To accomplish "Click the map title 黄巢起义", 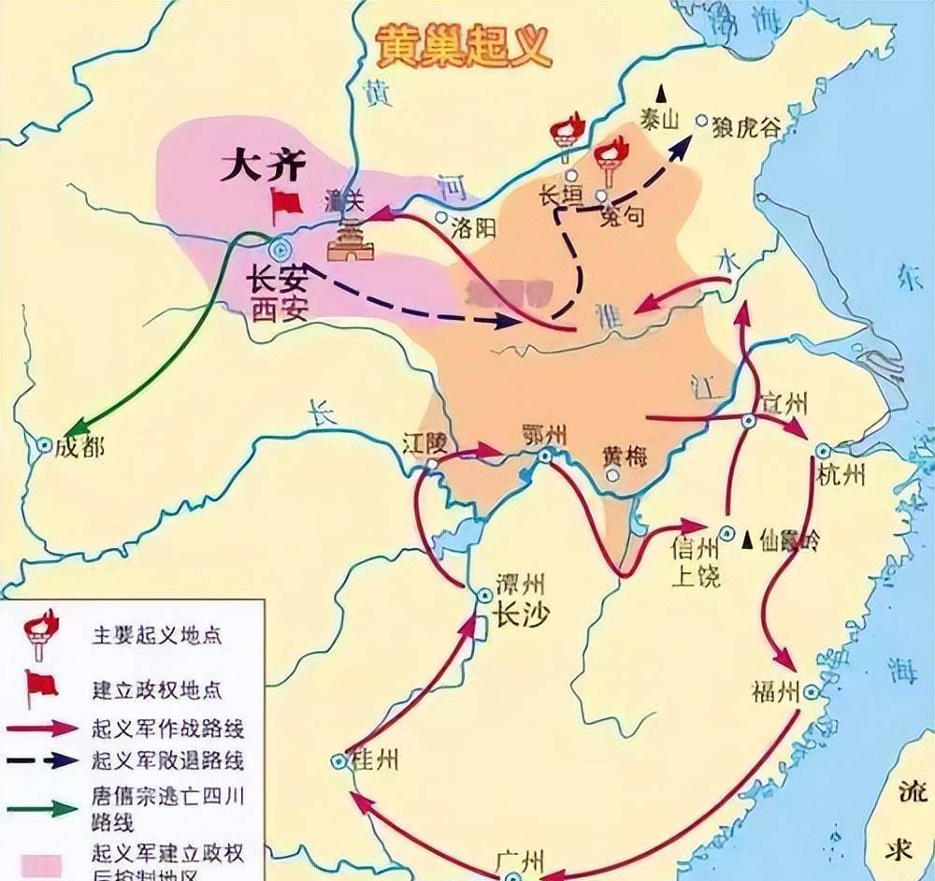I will click(x=463, y=46).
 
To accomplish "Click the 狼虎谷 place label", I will click(x=745, y=126).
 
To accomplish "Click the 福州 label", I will click(x=775, y=692).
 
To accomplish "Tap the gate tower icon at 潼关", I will click(x=350, y=242).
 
